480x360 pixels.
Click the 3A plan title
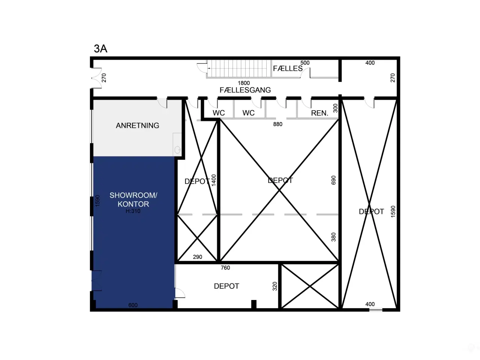[x=100, y=48]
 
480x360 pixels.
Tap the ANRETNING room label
[x=137, y=126]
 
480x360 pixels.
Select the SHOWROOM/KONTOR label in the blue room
[x=133, y=199]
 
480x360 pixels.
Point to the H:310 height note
[x=133, y=211]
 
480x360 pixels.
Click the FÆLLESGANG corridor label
[x=245, y=90]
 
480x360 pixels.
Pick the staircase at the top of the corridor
[x=239, y=69]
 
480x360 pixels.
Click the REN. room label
[x=320, y=113]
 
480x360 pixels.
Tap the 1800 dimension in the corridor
[x=244, y=83]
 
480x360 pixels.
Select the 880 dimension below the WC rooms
[x=278, y=124]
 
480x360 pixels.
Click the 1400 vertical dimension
[x=214, y=180]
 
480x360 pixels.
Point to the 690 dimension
[x=333, y=180]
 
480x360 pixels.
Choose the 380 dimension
[x=333, y=237]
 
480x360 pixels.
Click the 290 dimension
[x=198, y=257]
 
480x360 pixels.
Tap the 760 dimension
[x=225, y=267]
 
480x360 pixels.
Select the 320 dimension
[x=275, y=286]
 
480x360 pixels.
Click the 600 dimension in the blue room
[x=133, y=305]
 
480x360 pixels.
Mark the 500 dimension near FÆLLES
[x=305, y=63]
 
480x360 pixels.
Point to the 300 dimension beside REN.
[x=335, y=108]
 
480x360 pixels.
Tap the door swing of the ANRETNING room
[x=162, y=103]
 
